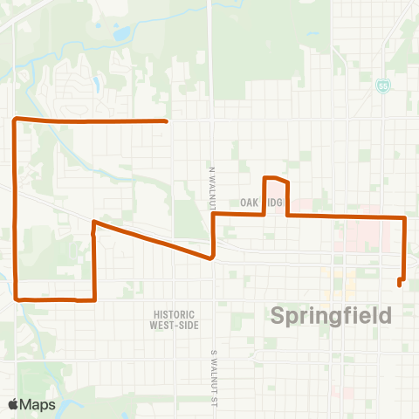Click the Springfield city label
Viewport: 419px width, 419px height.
332,315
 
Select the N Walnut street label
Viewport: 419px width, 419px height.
211,184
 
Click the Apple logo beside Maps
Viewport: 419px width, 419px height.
15,404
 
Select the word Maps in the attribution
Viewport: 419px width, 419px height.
39,404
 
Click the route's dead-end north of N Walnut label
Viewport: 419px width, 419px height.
166,120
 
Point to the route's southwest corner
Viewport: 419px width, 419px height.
17,298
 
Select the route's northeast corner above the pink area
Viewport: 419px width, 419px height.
404,216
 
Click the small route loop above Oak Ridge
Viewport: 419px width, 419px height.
276,181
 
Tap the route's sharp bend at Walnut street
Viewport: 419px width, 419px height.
212,258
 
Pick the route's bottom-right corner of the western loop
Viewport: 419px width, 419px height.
93,299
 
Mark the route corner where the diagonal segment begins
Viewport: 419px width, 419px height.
93,223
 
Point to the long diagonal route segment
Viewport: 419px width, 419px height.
153,240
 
